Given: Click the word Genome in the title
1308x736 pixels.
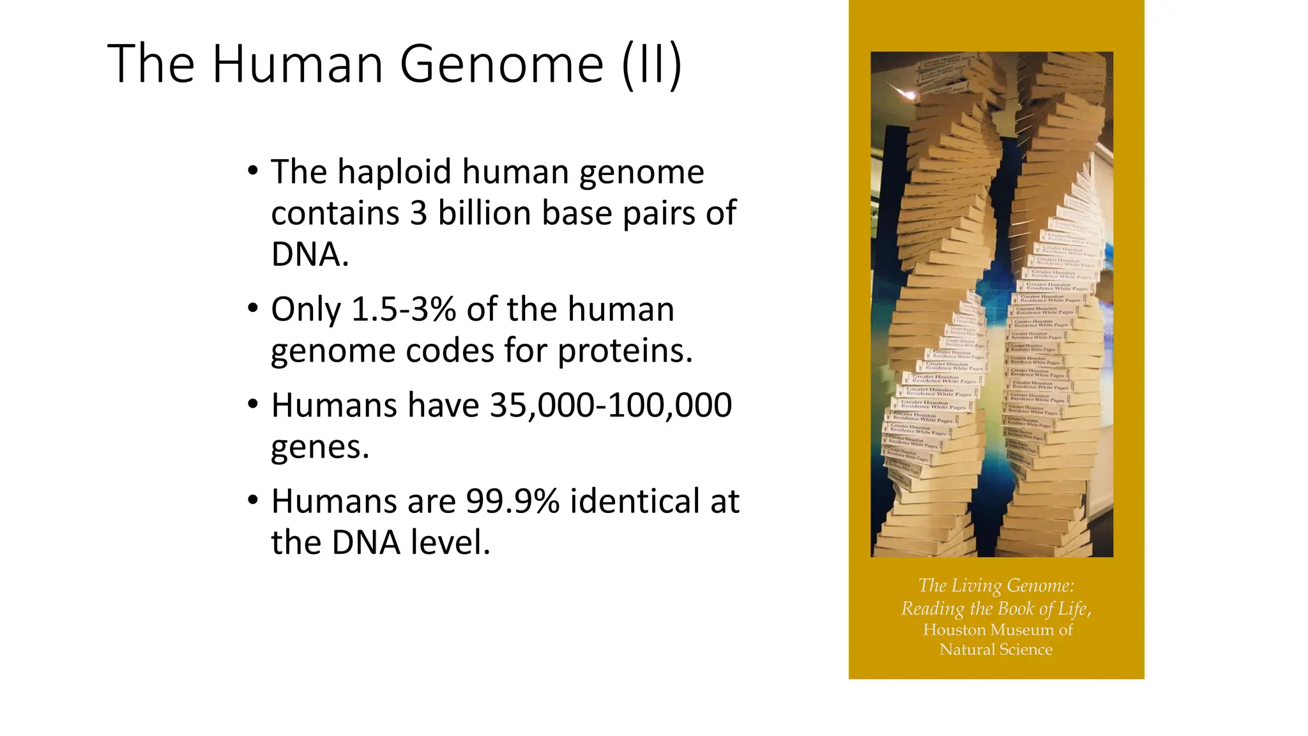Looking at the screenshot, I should (x=501, y=64).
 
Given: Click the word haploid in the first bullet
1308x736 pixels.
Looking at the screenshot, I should (x=393, y=172).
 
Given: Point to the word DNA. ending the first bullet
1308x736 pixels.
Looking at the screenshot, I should (x=310, y=254).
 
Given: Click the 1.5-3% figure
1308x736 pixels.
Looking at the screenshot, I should (x=404, y=310).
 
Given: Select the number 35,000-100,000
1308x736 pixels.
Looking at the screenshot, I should (x=611, y=406).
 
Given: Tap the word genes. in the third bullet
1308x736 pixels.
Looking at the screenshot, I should (x=320, y=447).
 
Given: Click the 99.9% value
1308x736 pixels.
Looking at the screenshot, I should (x=512, y=502).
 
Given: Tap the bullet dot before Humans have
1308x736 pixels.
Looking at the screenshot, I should (x=253, y=405).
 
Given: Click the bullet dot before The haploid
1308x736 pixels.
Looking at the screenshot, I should (x=253, y=171).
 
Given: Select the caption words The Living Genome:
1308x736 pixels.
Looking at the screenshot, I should (x=996, y=586).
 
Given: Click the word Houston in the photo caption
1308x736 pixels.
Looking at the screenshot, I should (x=954, y=630).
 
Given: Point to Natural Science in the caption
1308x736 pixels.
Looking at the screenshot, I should (x=996, y=650).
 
